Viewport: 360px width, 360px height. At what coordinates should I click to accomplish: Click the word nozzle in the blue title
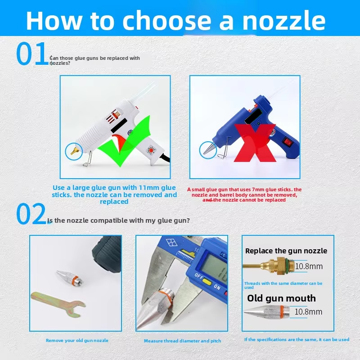click(284, 21)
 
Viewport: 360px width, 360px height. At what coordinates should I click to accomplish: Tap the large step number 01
click(32, 53)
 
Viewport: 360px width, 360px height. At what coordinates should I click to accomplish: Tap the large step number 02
click(31, 213)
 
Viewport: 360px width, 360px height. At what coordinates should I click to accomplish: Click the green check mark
click(125, 141)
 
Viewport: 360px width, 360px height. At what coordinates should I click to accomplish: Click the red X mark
click(255, 143)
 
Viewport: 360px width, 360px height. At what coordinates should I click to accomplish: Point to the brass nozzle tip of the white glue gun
click(75, 151)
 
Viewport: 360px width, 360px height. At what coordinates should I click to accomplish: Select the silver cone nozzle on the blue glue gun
click(209, 148)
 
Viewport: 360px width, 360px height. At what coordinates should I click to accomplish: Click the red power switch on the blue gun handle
click(288, 142)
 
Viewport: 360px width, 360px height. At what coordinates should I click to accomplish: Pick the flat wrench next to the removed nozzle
click(58, 303)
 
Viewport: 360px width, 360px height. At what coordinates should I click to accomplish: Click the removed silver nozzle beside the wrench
click(70, 277)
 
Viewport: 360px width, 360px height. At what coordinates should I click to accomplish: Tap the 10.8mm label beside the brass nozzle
click(309, 266)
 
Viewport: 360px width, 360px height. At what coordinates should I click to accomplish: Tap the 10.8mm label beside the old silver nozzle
click(308, 312)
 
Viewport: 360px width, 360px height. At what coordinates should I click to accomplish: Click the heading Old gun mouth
click(282, 298)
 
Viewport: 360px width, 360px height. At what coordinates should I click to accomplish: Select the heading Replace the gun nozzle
click(286, 251)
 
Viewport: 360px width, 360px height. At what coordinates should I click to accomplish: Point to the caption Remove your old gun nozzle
click(77, 341)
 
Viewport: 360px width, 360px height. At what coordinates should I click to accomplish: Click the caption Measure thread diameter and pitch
click(183, 341)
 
